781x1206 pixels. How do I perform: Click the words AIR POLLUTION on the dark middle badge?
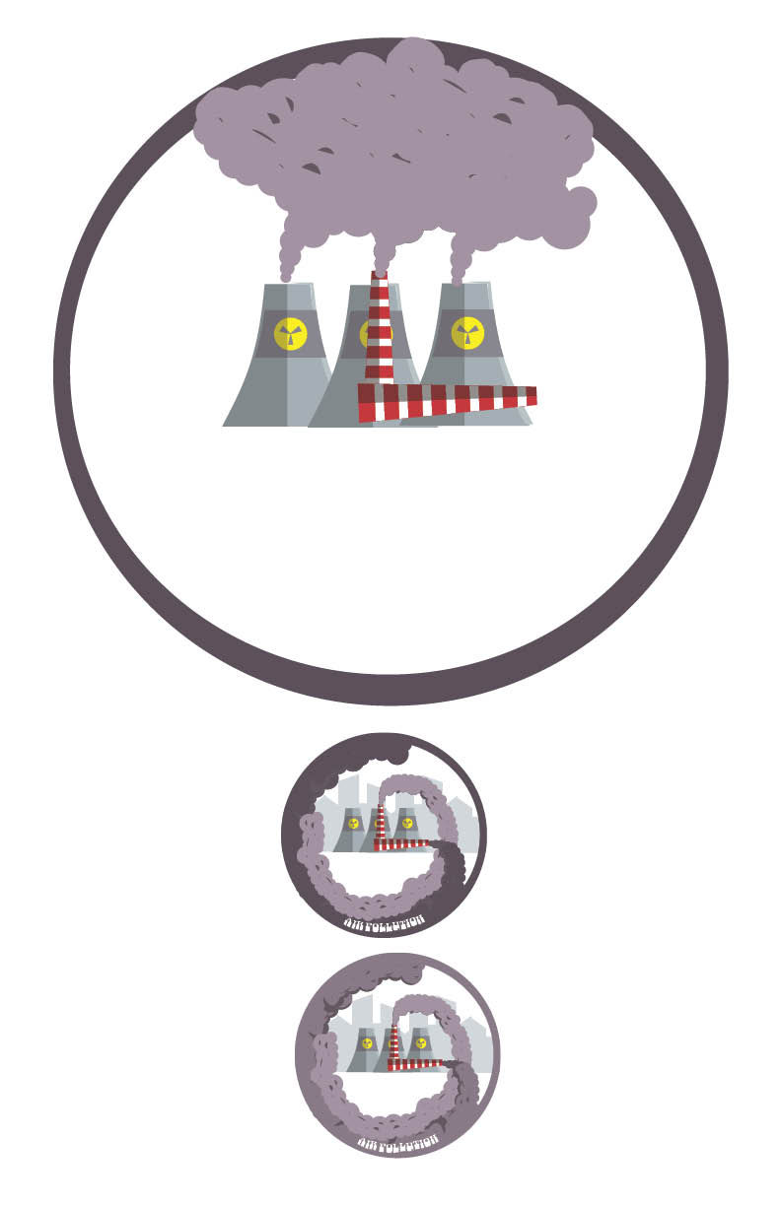[385, 922]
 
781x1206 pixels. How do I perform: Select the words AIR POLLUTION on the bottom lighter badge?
[398, 1143]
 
